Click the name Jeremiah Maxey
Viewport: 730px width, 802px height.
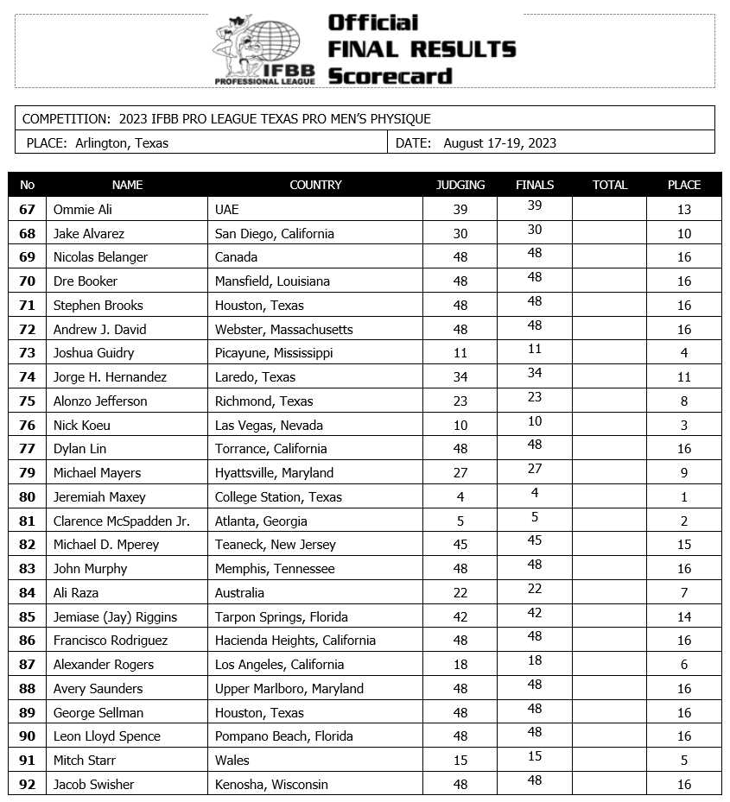click(99, 496)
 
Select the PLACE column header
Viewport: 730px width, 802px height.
click(684, 185)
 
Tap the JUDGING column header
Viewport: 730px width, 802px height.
click(460, 185)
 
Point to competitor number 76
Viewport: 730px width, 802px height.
click(27, 425)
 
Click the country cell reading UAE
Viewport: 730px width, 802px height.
click(226, 209)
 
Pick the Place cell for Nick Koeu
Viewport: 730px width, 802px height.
click(684, 425)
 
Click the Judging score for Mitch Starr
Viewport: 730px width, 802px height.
click(460, 760)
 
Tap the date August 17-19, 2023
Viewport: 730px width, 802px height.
click(499, 143)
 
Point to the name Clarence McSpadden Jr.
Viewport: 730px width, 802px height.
click(121, 521)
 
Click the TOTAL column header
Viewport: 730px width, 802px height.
click(609, 185)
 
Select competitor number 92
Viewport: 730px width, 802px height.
click(27, 784)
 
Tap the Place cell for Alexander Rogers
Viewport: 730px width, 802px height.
click(684, 664)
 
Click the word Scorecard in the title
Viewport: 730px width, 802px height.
click(390, 76)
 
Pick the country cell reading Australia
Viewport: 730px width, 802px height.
click(239, 592)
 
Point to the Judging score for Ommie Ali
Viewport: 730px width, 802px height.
click(460, 209)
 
